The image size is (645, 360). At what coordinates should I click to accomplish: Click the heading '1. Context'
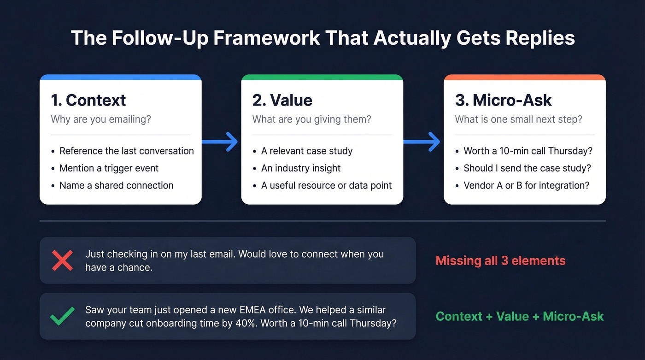[x=88, y=100]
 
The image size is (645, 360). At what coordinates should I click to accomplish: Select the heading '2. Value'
[x=282, y=100]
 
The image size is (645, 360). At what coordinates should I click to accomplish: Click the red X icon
[x=62, y=260]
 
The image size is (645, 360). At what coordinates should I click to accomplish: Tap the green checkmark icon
[x=62, y=317]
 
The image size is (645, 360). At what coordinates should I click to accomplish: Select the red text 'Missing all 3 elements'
[x=500, y=260]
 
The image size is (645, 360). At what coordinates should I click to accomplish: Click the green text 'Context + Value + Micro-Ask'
[x=519, y=317]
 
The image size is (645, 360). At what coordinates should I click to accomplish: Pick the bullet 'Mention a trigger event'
[x=109, y=168]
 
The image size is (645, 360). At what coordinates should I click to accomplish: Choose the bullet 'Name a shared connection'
[x=116, y=185]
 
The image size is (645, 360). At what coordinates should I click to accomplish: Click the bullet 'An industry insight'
[x=301, y=168]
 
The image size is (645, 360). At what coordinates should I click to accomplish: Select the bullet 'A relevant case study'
[x=306, y=151]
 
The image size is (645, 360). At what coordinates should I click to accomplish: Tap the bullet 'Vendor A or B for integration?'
[x=527, y=185]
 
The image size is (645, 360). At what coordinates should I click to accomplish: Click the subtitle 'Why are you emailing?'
[x=101, y=119]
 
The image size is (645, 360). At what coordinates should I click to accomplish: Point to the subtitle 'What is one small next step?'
[x=518, y=119]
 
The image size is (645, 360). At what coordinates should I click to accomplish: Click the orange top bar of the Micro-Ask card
[x=524, y=77]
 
